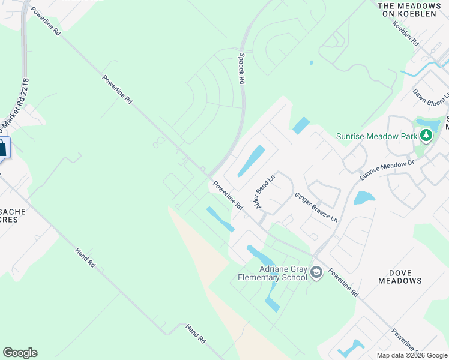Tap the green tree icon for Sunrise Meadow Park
point(426,136)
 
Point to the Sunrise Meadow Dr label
point(387,167)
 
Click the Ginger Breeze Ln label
point(316,206)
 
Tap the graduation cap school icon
point(316,274)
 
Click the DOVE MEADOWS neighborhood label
point(400,276)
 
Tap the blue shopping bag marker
point(2,148)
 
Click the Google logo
point(20,353)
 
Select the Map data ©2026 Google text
point(411,355)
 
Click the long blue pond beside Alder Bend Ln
point(252,161)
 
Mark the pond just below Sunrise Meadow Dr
point(364,197)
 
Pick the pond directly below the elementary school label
point(272,299)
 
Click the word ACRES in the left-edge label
point(8,219)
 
